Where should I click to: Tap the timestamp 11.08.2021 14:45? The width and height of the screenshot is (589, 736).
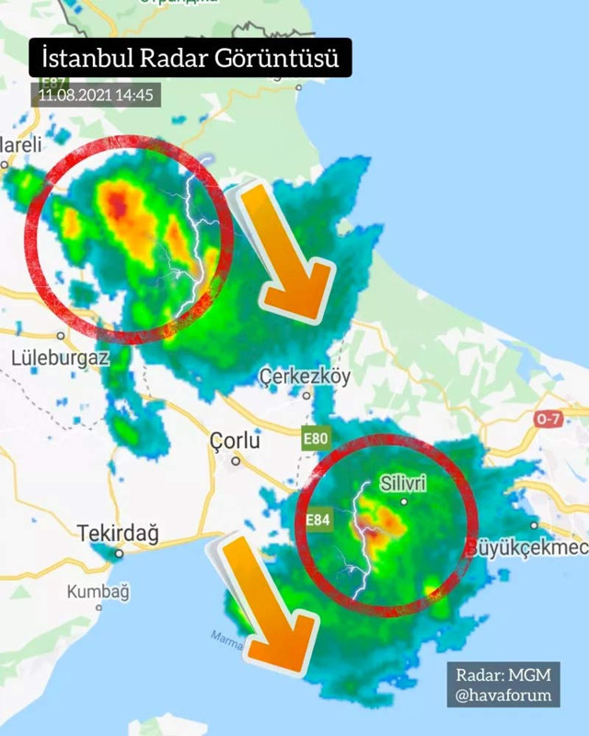tap(96, 94)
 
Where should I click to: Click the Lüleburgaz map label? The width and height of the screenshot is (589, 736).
tap(61, 357)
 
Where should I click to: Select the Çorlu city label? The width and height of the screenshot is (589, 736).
tap(235, 441)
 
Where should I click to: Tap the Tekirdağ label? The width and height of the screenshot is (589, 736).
tap(118, 533)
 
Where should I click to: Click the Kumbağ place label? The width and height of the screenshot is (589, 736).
tap(98, 592)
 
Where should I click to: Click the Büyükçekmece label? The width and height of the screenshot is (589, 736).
tap(529, 547)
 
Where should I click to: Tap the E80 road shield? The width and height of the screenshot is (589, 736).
tap(315, 439)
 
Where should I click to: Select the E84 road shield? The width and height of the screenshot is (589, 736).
tap(318, 522)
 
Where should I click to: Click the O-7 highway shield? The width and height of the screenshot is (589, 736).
tap(549, 420)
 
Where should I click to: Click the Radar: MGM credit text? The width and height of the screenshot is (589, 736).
tap(503, 674)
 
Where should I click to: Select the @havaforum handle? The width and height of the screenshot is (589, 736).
tap(503, 695)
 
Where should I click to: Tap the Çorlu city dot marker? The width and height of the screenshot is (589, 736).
tap(236, 461)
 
